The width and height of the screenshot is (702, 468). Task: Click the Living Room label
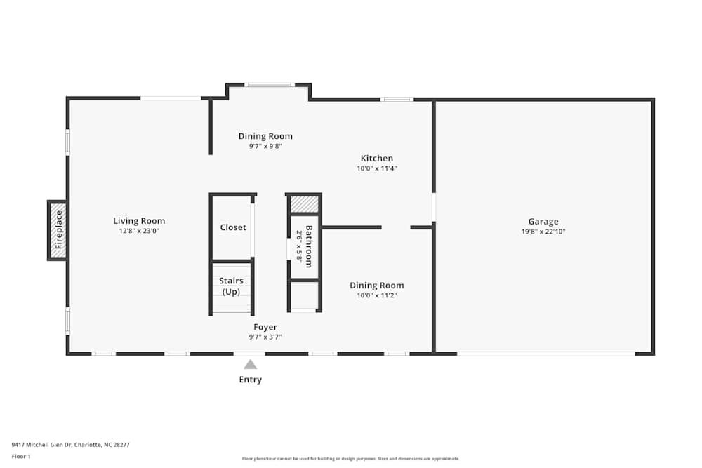[139, 221]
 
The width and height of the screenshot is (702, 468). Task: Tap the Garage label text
[543, 222]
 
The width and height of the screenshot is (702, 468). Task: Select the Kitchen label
[377, 159]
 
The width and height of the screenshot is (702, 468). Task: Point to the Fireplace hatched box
[58, 230]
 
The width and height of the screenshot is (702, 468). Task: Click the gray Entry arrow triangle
[250, 364]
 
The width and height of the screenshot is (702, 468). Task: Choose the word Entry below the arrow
[250, 380]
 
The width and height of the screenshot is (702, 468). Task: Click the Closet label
[233, 227]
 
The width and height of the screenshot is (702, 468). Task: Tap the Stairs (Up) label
[231, 286]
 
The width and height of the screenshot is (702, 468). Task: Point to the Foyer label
[265, 327]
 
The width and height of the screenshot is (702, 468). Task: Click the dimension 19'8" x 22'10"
[543, 232]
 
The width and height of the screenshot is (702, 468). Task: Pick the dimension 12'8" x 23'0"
[139, 231]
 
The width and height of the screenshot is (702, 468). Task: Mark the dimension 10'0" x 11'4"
[377, 168]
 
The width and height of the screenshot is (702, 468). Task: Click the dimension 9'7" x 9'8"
[265, 146]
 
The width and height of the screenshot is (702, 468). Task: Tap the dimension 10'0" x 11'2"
[377, 295]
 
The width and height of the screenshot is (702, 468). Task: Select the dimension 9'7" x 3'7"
[265, 337]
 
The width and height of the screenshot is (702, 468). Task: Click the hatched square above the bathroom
[305, 204]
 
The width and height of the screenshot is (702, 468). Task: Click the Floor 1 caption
[21, 456]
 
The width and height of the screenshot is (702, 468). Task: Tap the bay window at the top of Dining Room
[270, 85]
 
